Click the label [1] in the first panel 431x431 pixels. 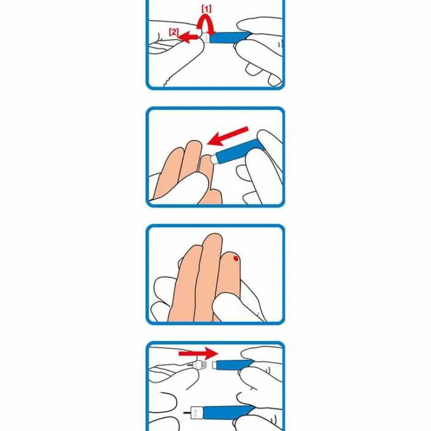click(x=207, y=9)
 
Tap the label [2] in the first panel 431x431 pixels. click(x=173, y=32)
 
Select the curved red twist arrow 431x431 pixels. click(x=206, y=25)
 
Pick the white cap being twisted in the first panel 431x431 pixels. click(x=206, y=38)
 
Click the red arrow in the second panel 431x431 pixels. click(x=228, y=136)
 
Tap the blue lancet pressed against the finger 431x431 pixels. click(x=240, y=151)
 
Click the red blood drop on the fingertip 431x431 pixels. click(x=236, y=258)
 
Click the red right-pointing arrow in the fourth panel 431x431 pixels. click(x=198, y=353)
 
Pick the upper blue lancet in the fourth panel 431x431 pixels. click(x=234, y=365)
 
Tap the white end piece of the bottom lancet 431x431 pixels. click(x=197, y=413)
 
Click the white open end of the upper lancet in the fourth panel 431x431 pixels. click(x=214, y=365)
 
